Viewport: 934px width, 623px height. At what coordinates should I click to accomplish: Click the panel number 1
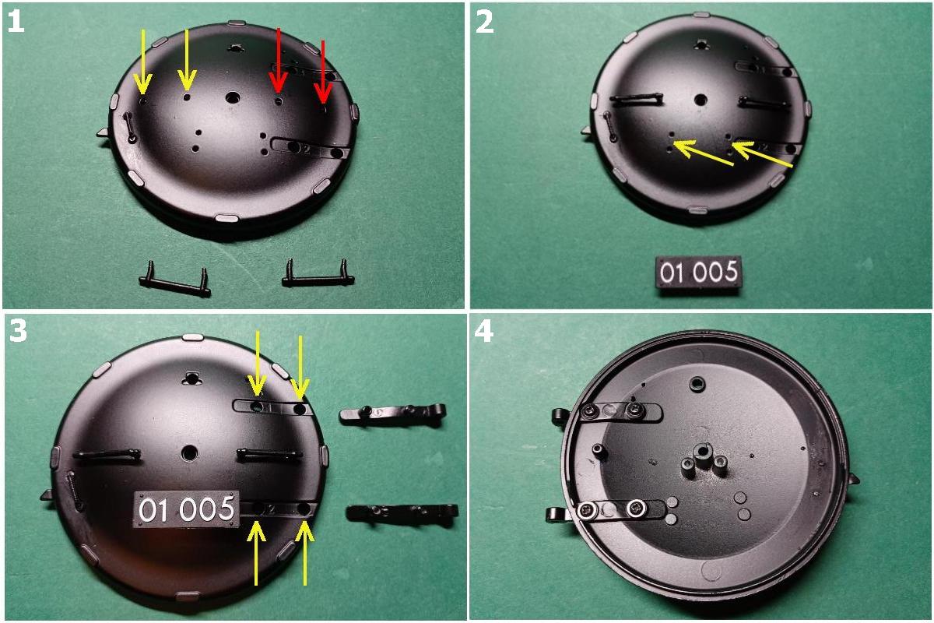pos(16,21)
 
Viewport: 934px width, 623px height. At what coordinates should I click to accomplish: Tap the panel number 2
pos(484,22)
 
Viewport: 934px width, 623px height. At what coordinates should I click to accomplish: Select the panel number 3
pos(17,332)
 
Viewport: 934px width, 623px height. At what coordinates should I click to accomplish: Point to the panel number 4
pos(484,333)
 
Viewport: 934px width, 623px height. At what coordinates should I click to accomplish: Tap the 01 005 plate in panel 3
pos(186,509)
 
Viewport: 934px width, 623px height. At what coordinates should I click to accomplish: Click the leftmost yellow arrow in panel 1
pos(142,62)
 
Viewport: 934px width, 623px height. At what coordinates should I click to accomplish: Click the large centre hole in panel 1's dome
pos(233,98)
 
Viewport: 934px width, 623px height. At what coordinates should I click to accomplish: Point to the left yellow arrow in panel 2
pos(703,153)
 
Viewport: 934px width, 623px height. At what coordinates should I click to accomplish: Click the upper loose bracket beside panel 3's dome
pos(393,415)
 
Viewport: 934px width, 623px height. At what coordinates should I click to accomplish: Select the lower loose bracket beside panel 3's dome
pos(402,513)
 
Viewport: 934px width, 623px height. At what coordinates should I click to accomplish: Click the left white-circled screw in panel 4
pos(586,511)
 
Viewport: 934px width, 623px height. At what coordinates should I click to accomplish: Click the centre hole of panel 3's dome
pos(189,452)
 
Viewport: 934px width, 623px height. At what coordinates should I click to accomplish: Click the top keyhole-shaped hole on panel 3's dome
pos(191,378)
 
